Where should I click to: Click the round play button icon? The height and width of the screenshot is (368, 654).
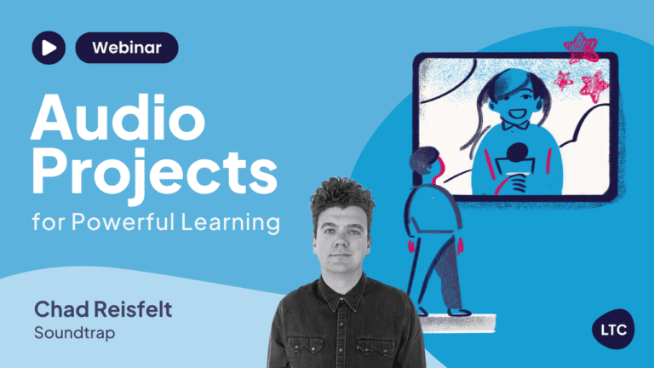(49, 48)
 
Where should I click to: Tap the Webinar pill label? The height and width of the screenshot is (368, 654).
(127, 48)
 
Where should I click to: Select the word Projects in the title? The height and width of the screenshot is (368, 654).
(154, 172)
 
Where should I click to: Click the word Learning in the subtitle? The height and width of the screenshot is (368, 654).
(230, 222)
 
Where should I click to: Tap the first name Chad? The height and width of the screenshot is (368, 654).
(61, 309)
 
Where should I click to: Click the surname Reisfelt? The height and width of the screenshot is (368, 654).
(133, 309)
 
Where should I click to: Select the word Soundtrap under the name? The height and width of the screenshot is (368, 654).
(75, 333)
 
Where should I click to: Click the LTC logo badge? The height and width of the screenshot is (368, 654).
(613, 329)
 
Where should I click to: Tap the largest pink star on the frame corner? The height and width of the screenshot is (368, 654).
(581, 47)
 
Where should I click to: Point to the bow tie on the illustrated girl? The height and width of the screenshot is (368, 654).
(515, 124)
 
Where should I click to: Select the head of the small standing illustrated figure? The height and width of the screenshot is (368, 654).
(427, 163)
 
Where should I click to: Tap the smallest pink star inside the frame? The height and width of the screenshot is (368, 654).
(564, 80)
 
